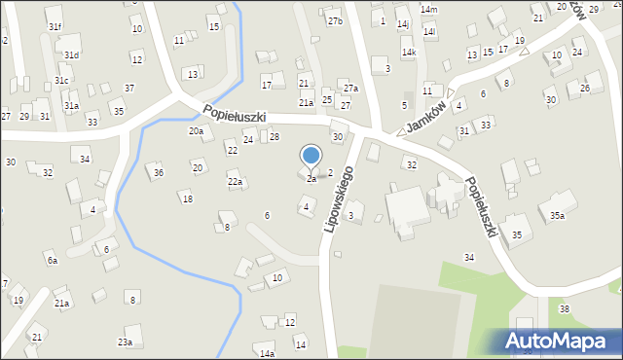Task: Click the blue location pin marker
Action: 311,157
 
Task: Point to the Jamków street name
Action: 427,117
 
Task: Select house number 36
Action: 158,172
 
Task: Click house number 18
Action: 187,198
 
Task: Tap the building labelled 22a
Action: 235,182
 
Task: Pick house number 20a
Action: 196,130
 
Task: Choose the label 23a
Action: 125,342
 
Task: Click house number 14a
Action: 267,353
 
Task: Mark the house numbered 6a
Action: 52,260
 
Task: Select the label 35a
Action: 557,215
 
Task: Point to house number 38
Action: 564,308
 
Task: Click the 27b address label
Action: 335,20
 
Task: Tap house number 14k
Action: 409,52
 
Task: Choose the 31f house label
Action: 55,27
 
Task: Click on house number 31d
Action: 72,55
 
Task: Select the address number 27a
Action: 350,89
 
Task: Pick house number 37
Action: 128,88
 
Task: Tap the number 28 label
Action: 275,136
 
